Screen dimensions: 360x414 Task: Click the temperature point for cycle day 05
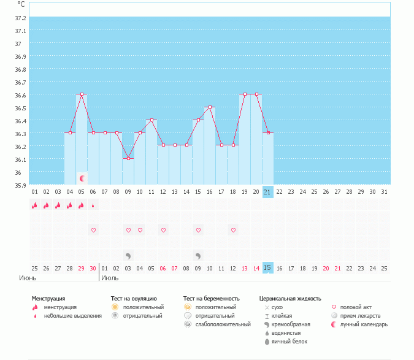click(82, 94)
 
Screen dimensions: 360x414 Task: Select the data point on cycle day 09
click(128, 159)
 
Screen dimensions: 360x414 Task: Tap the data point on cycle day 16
click(210, 107)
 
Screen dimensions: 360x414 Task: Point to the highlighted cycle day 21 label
click(267, 192)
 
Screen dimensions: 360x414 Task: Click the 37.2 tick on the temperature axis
click(21, 18)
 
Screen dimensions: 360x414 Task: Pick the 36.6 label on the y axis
click(21, 95)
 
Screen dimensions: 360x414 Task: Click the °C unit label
click(21, 4)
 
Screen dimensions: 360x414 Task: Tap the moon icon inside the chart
click(82, 178)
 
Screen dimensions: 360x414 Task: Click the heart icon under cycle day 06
click(93, 231)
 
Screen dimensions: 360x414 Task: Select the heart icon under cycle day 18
click(233, 231)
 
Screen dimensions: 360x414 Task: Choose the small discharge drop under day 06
click(93, 206)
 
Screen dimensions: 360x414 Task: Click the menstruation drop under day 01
click(35, 206)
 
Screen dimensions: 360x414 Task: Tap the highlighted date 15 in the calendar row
click(267, 268)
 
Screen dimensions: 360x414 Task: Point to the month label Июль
click(110, 278)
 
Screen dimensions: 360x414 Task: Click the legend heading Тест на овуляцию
click(134, 298)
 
